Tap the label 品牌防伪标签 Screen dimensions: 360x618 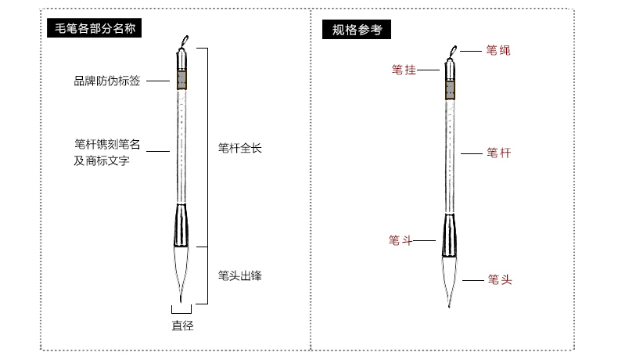pyautogui.click(x=107, y=81)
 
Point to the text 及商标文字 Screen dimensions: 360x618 pyautogui.click(x=102, y=161)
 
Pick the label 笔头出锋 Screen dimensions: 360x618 pyautogui.click(x=239, y=275)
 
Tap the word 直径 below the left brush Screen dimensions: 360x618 pyautogui.click(x=182, y=326)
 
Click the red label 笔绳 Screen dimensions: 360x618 pyautogui.click(x=498, y=51)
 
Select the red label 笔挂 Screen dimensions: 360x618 pyautogui.click(x=404, y=70)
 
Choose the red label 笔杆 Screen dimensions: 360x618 pyautogui.click(x=498, y=153)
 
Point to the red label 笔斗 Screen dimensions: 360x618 pyautogui.click(x=401, y=240)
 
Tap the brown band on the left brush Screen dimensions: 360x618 pyautogui.click(x=182, y=81)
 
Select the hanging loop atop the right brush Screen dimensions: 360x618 pyautogui.click(x=452, y=52)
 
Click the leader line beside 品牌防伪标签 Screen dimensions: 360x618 pyautogui.click(x=157, y=81)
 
